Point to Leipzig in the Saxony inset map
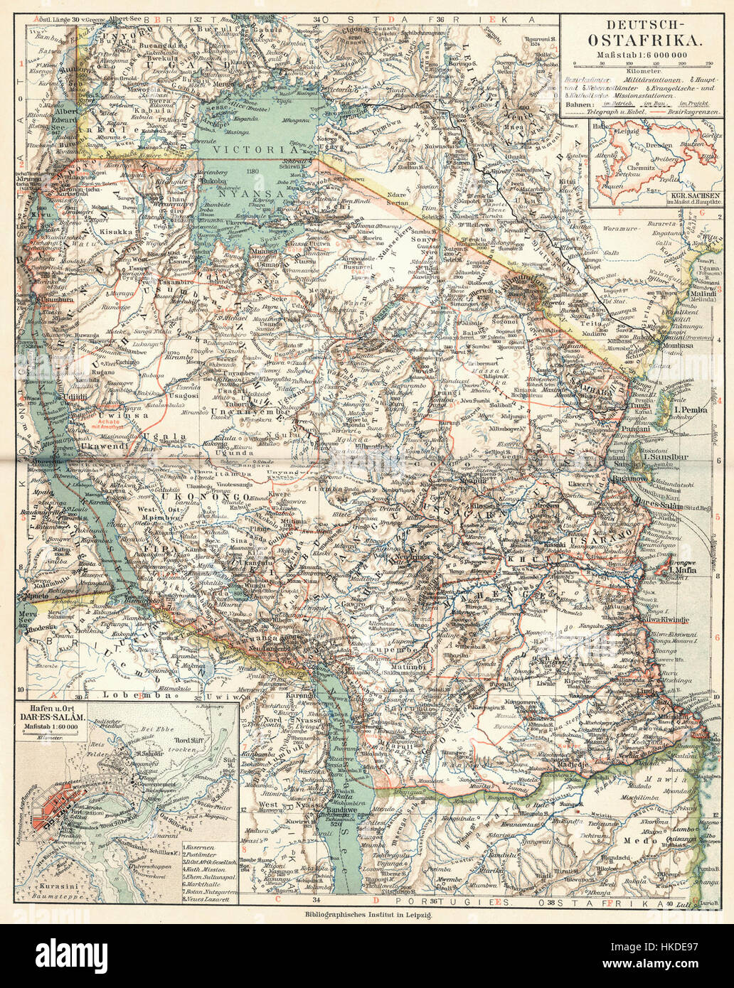625,131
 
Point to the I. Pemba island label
689,410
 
